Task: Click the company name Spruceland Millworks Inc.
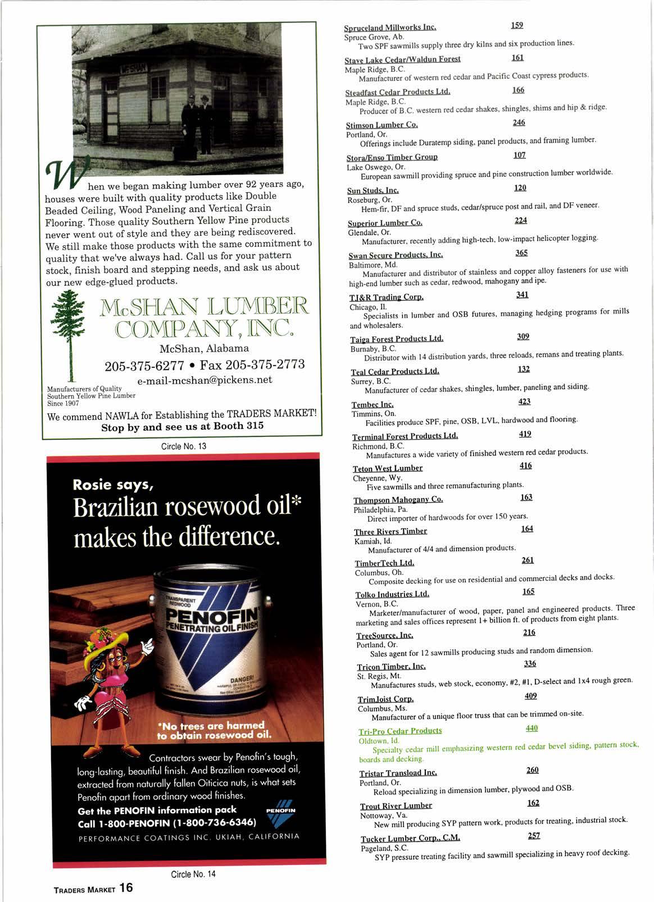click(390, 27)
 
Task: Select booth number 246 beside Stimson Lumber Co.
click(519, 122)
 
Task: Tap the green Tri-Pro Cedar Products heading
click(400, 731)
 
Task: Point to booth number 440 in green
click(532, 728)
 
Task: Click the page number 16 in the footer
click(126, 887)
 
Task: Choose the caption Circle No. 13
click(184, 446)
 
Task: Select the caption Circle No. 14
click(193, 874)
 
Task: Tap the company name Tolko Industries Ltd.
click(392, 594)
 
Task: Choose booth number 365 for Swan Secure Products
click(521, 253)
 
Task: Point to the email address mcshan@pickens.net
click(205, 380)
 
